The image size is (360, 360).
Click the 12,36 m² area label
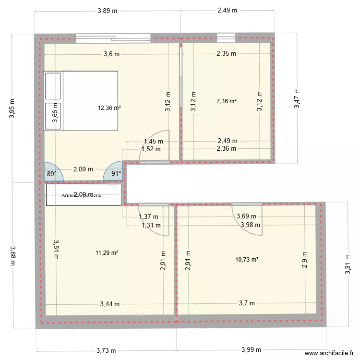[109, 108]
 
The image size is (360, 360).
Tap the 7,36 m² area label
[227, 101]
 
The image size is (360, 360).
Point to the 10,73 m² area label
[247, 260]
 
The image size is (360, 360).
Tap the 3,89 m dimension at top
[107, 11]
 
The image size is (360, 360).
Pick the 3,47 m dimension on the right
[298, 98]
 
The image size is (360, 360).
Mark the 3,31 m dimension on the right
[348, 265]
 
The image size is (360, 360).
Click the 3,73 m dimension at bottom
[106, 351]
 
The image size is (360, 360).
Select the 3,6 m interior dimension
[111, 54]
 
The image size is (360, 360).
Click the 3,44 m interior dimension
[110, 303]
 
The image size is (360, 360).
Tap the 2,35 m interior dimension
[226, 54]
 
